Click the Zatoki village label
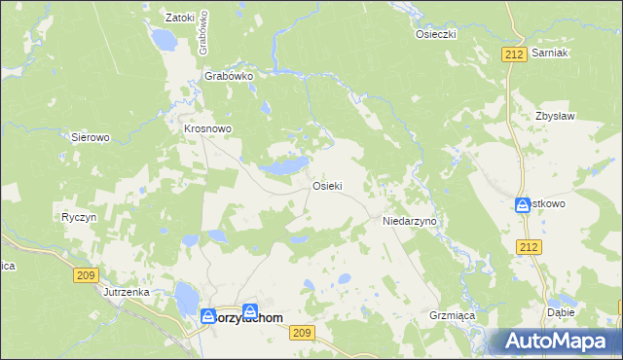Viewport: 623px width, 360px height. pyautogui.click(x=181, y=17)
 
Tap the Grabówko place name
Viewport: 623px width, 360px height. pyautogui.click(x=229, y=75)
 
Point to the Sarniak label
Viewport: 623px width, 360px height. pyautogui.click(x=550, y=54)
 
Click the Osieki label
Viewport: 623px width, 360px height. pyautogui.click(x=326, y=185)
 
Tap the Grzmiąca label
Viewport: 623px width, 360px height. pyautogui.click(x=450, y=315)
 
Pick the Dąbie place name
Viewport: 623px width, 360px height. pyautogui.click(x=562, y=312)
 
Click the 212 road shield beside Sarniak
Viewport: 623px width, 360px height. pyautogui.click(x=516, y=54)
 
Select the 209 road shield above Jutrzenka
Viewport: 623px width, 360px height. pyautogui.click(x=85, y=276)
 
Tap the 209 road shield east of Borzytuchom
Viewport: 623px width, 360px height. pyautogui.click(x=302, y=333)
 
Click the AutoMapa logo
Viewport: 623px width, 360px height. pyautogui.click(x=560, y=341)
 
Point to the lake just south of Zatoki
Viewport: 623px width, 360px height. pyautogui.click(x=163, y=40)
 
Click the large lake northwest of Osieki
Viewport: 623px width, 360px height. pyautogui.click(x=284, y=166)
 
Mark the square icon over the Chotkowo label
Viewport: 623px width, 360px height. pyautogui.click(x=523, y=204)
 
